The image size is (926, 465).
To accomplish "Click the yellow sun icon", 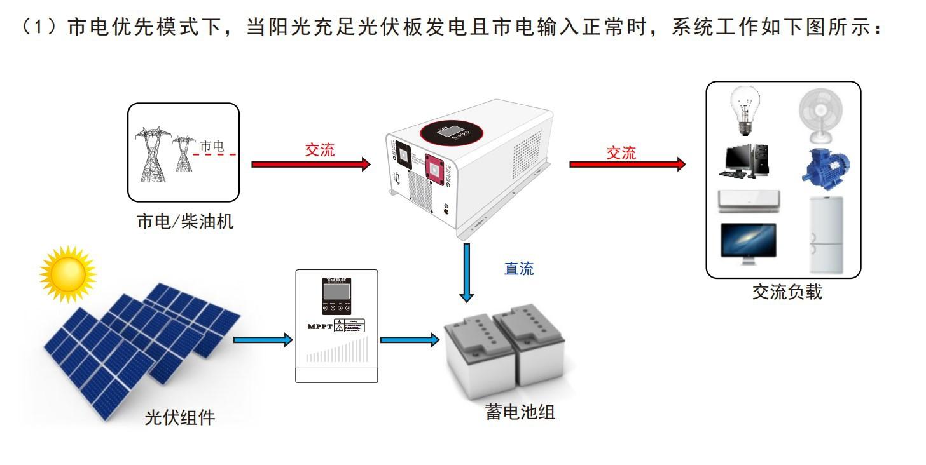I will click(x=67, y=274).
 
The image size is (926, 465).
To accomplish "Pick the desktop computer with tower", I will click(x=745, y=161).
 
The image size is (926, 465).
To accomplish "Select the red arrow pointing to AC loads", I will click(x=627, y=165).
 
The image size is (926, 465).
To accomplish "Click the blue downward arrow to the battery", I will click(x=467, y=273).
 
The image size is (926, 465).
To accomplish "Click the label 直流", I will click(x=519, y=269).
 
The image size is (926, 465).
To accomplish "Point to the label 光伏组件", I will click(x=179, y=418).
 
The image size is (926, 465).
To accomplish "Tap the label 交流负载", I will click(x=787, y=292).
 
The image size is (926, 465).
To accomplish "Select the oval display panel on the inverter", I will click(x=453, y=131).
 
